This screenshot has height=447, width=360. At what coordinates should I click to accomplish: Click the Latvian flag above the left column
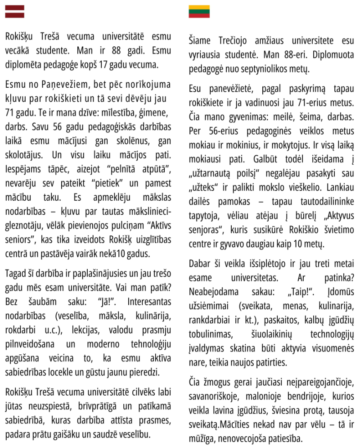click(14, 11)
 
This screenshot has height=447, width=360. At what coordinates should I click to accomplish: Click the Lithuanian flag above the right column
click(199, 11)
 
